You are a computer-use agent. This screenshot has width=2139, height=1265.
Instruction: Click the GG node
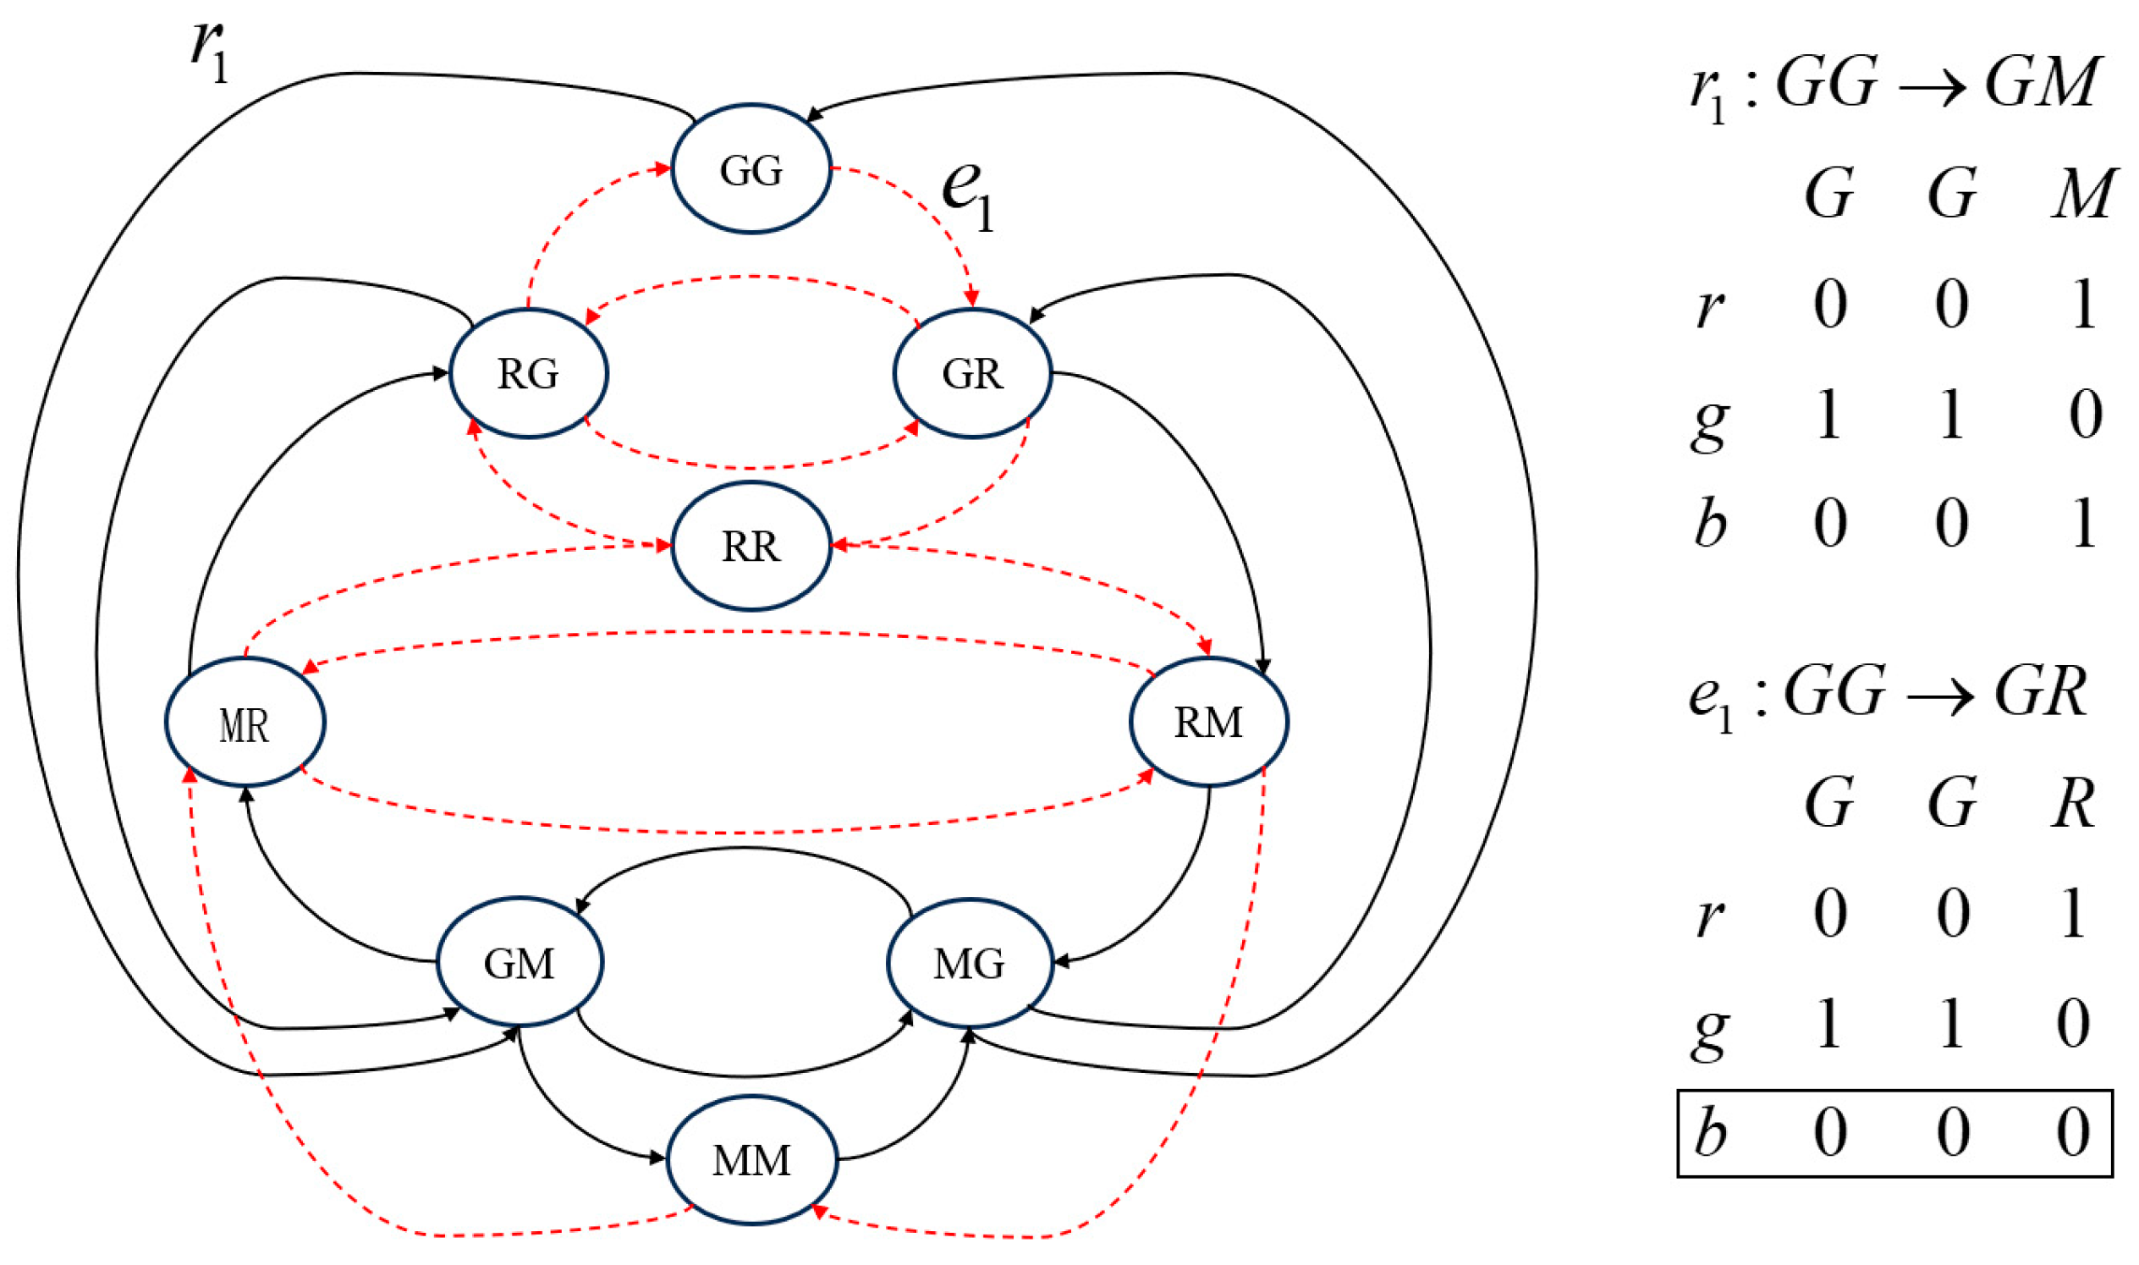(x=751, y=168)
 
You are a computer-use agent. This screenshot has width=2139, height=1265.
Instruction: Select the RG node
(x=528, y=373)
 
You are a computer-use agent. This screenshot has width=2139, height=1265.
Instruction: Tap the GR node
(x=972, y=373)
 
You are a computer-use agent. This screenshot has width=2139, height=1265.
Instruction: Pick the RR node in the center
(x=751, y=546)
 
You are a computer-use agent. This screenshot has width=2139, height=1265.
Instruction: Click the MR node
(x=245, y=723)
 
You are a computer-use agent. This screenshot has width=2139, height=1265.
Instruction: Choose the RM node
(x=1208, y=722)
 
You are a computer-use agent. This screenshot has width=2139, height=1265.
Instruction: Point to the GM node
(x=520, y=963)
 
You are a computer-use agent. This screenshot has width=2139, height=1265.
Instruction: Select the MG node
(x=970, y=963)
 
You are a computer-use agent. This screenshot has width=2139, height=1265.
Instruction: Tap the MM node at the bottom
(x=751, y=1159)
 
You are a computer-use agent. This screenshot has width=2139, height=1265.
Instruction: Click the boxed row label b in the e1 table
(x=1710, y=1132)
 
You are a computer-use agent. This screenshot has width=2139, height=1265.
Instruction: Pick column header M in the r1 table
(x=2083, y=193)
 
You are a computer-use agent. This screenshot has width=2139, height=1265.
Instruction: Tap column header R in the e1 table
(x=2072, y=803)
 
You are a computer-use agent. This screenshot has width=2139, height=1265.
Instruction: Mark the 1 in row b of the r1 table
(x=2083, y=522)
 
